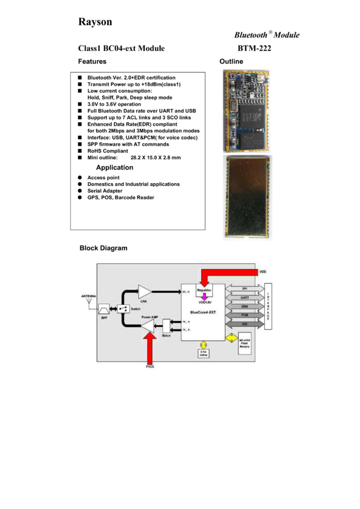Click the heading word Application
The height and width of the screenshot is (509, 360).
[114, 168]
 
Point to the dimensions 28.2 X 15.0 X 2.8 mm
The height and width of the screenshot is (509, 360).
[156, 158]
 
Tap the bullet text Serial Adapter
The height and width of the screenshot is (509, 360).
[105, 191]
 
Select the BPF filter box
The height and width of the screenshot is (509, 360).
[103, 307]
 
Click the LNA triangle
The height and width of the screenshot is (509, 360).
[144, 292]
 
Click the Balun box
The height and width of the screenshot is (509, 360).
[167, 327]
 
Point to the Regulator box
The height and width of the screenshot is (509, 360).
[204, 289]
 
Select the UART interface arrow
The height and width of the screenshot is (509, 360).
[244, 298]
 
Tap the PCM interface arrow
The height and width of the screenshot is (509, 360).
[244, 314]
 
